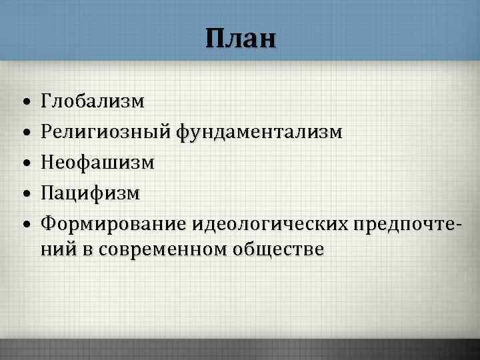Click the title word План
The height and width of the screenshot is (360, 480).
240,38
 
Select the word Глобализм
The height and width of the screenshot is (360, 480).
92,101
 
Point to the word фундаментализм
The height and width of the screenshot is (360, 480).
260,132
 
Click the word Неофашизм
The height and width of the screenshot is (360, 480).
97,163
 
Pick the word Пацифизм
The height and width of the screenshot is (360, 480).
90,193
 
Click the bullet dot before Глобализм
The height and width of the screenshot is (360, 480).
23,103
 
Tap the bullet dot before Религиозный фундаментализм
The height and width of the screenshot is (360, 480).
23,133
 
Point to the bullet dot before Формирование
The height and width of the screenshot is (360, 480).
23,225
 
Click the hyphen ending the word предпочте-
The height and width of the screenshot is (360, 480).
457,225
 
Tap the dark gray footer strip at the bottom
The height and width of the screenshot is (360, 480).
240,351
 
